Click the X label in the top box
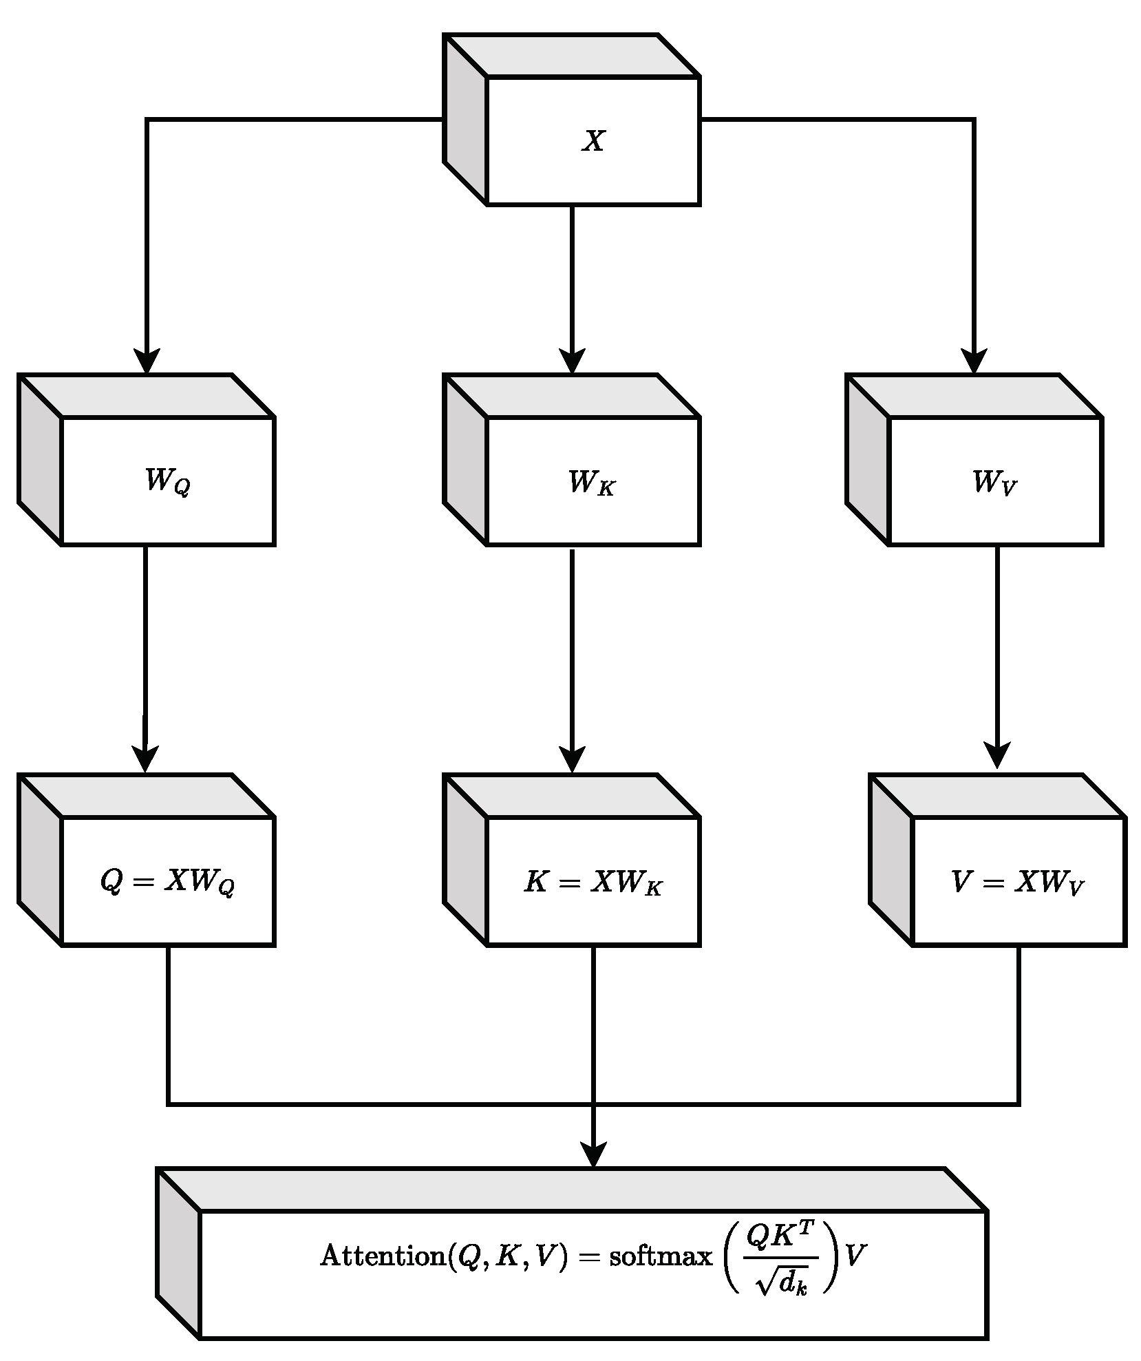click(x=593, y=141)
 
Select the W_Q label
click(x=167, y=482)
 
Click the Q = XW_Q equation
click(x=167, y=883)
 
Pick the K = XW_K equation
click(x=593, y=883)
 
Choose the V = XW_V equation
click(x=1018, y=883)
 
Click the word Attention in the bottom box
click(x=383, y=1256)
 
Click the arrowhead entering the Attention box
click(x=593, y=1154)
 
